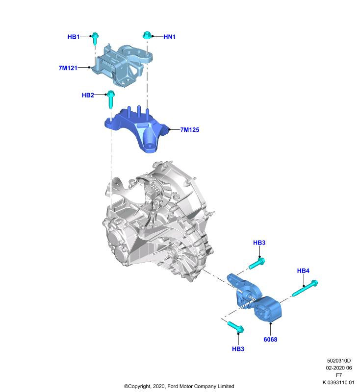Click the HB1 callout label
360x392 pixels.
coord(74,37)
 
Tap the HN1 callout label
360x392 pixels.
coord(170,37)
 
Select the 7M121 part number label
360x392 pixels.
coord(68,68)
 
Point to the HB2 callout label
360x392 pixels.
coord(88,95)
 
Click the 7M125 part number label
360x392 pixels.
coord(190,130)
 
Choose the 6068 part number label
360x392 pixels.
coord(270,339)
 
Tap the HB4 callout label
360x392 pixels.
coord(303,270)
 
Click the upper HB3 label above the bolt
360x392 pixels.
coord(259,243)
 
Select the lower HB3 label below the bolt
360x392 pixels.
coord(238,349)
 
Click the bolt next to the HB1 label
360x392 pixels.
coord(95,38)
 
